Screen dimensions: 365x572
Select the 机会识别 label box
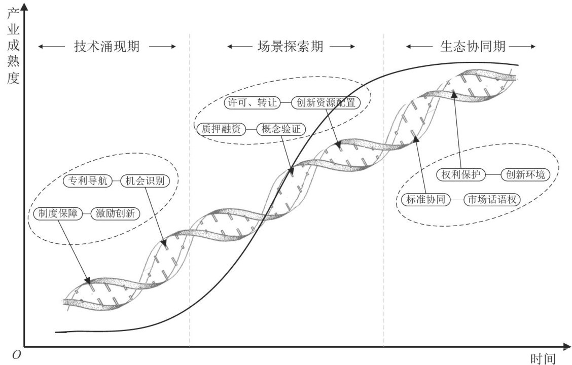(x=144, y=181)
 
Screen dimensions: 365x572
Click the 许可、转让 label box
(x=252, y=102)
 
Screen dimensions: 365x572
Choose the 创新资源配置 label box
(x=326, y=102)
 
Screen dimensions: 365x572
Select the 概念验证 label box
(x=281, y=129)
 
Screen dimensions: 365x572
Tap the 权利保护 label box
(x=460, y=175)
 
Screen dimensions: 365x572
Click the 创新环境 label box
(x=525, y=175)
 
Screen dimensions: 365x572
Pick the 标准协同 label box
(x=425, y=200)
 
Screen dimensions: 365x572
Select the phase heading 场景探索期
(x=291, y=47)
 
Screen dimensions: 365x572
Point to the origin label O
(x=16, y=355)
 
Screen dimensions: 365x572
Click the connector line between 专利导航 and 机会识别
(x=115, y=181)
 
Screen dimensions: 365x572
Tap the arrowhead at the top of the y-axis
(x=24, y=6)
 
